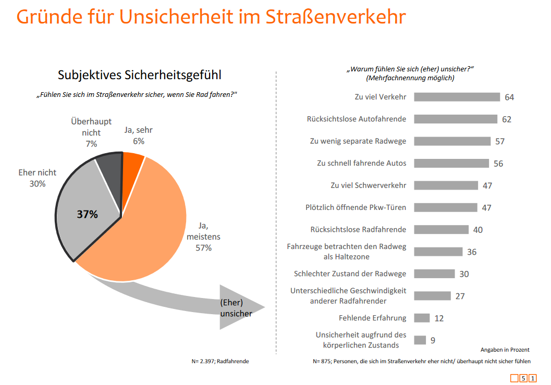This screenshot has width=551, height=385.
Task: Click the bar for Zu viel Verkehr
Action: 457,97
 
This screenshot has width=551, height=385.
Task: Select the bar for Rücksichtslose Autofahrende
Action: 456,119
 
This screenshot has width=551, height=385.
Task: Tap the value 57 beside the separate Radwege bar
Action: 500,141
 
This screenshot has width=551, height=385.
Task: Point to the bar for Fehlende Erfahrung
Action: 422,318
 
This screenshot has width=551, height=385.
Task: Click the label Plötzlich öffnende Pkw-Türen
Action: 356,207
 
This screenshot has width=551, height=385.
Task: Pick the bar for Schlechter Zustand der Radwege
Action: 434,274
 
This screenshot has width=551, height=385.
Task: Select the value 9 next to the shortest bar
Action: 433,340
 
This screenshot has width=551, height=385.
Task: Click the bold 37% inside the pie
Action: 88,214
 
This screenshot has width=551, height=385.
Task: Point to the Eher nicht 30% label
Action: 38,178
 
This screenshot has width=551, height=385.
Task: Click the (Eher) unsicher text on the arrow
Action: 236,308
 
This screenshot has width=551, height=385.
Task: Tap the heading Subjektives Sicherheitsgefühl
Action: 140,75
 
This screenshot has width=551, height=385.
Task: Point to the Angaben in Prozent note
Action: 505,350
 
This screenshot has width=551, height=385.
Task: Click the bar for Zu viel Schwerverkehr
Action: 446,185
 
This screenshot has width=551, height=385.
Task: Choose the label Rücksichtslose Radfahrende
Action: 358,229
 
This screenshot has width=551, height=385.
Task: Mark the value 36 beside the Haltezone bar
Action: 472,252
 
